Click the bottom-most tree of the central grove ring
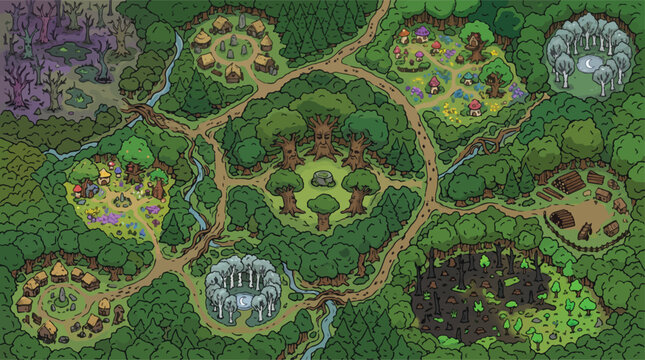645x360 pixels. click(322, 210)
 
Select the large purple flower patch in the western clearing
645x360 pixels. click(150, 211)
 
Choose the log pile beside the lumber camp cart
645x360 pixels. click(568, 182)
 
